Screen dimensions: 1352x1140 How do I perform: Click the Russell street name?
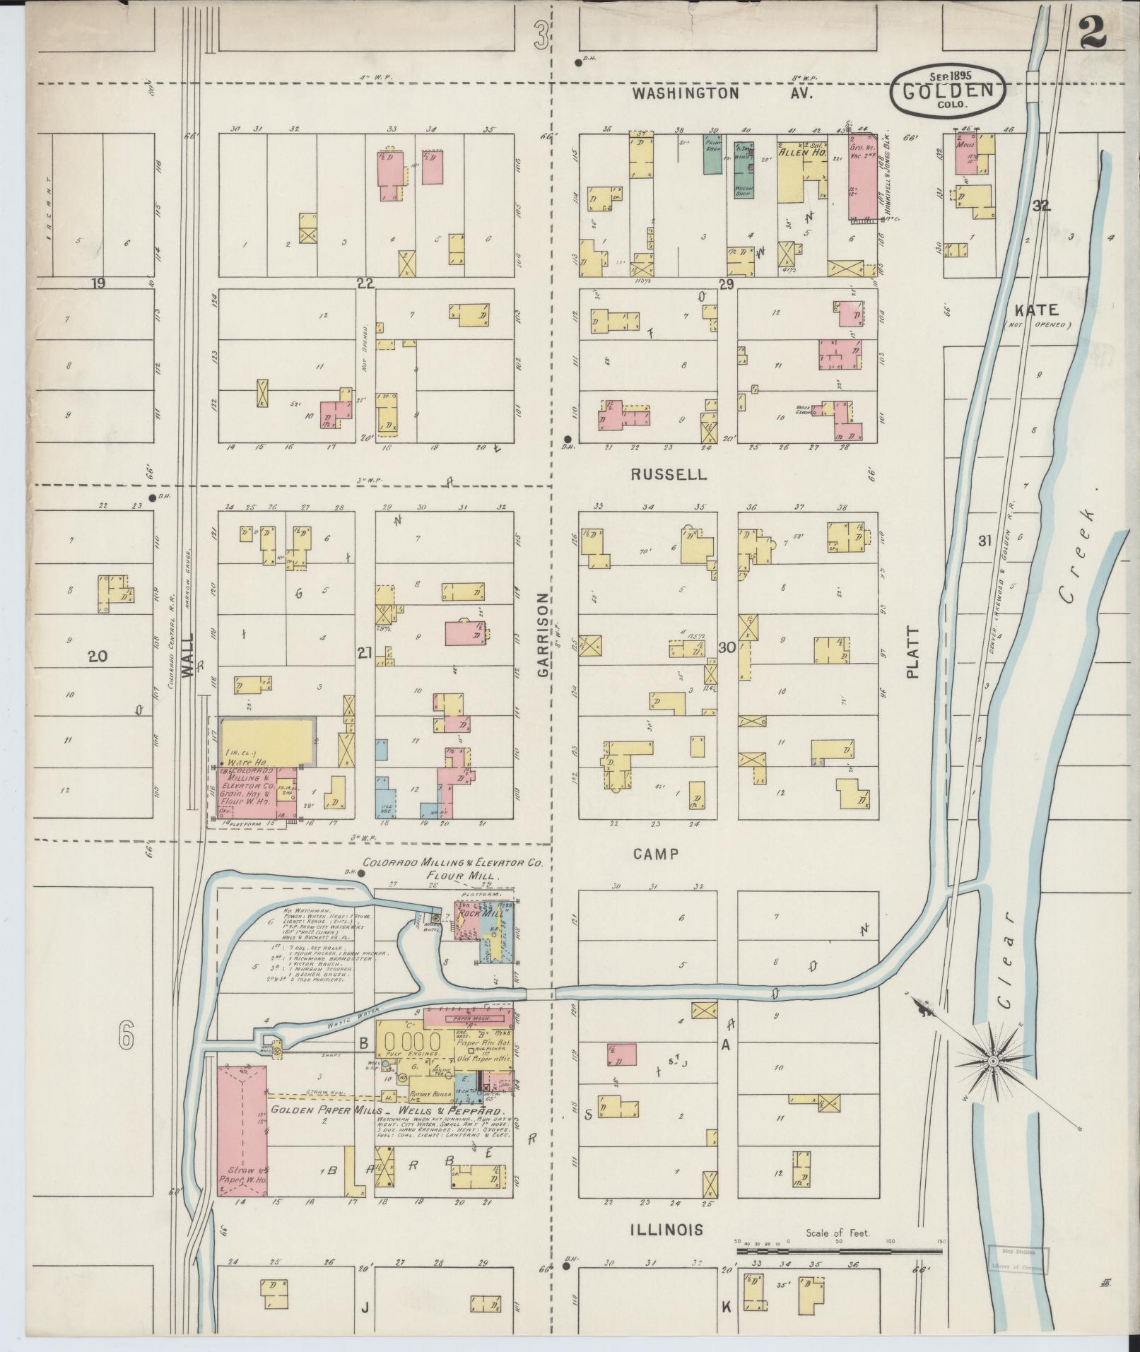pyautogui.click(x=668, y=474)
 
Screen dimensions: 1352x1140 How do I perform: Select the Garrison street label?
pyautogui.click(x=543, y=635)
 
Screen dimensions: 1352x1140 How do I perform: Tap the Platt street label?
pyautogui.click(x=912, y=652)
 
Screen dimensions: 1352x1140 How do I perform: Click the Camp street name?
pyautogui.click(x=655, y=853)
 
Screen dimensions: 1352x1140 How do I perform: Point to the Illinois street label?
pyautogui.click(x=666, y=1229)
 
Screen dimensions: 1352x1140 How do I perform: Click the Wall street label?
pyautogui.click(x=187, y=664)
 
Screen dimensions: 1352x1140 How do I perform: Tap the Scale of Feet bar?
pyautogui.click(x=838, y=1250)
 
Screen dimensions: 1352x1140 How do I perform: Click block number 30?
pyautogui.click(x=727, y=647)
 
